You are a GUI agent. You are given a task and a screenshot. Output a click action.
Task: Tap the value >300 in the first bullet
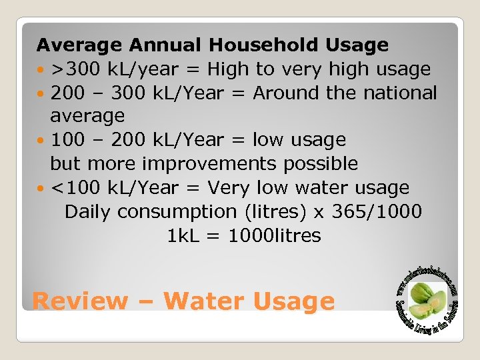point(73,69)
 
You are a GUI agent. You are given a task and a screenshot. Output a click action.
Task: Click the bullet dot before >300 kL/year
point(41,69)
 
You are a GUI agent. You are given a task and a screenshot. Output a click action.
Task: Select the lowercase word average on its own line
point(87,116)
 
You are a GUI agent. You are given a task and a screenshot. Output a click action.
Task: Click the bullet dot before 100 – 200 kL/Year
point(41,141)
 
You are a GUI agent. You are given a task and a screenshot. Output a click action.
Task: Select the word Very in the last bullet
point(231,188)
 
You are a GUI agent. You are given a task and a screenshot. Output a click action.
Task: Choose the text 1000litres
point(274,235)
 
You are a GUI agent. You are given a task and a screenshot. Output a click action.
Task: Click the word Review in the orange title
point(79,301)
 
